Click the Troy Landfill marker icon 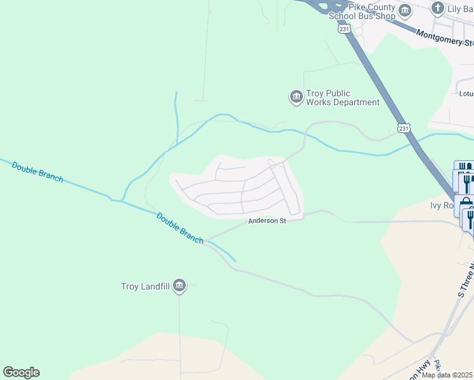pos(179,286)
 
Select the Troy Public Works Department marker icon pos(296,97)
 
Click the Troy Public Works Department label pos(343,98)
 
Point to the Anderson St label pos(267,221)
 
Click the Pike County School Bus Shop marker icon pos(404,11)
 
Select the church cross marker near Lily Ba pos(437,8)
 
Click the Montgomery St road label pos(444,37)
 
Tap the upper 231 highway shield pos(343,29)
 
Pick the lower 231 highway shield pos(404,129)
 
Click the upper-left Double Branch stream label pos(37,172)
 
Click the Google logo pos(21,372)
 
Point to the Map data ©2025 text pos(447,375)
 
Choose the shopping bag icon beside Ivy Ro pos(466,204)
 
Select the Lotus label pos(466,93)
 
